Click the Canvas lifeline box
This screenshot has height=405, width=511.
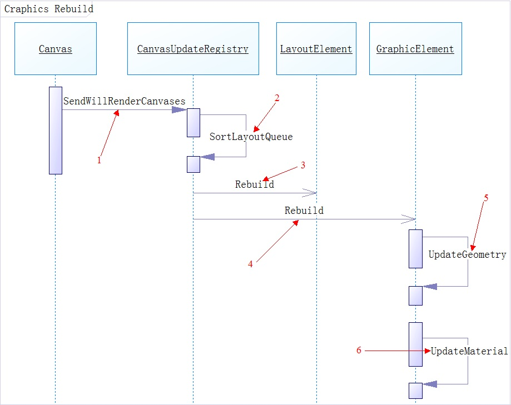(56, 49)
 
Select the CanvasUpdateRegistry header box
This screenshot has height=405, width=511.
(193, 49)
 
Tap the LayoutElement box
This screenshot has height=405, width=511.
(316, 49)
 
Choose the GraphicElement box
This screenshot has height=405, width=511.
(415, 49)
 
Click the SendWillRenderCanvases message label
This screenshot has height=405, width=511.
(124, 101)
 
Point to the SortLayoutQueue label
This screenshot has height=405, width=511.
(251, 137)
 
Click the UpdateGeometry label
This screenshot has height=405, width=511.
(467, 254)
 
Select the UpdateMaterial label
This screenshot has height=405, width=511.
(469, 351)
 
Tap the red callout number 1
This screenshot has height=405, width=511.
(100, 161)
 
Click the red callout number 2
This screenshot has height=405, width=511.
(276, 98)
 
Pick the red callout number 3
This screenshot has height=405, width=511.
(303, 165)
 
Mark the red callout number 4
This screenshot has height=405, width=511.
(250, 264)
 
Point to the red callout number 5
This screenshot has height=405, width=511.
(485, 198)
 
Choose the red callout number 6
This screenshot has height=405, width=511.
(359, 350)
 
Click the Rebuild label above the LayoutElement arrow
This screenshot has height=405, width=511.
(254, 184)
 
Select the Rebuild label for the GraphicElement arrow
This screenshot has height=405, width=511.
(304, 211)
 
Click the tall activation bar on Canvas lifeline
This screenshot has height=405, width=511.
(56, 130)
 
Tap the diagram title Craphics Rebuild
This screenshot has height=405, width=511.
(49, 9)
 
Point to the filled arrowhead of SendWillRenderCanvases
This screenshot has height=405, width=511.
(179, 109)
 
